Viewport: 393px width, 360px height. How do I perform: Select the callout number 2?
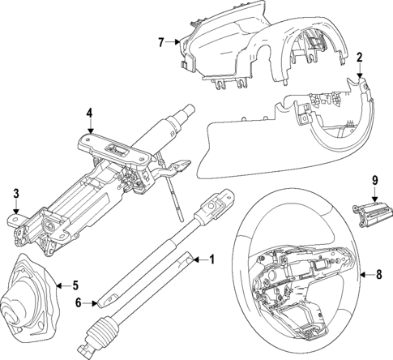pyautogui.click(x=359, y=59)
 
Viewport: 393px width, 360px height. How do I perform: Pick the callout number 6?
pyautogui.click(x=79, y=302)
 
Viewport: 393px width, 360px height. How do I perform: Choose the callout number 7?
pyautogui.click(x=161, y=41)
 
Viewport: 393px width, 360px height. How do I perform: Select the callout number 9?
pyautogui.click(x=375, y=179)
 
